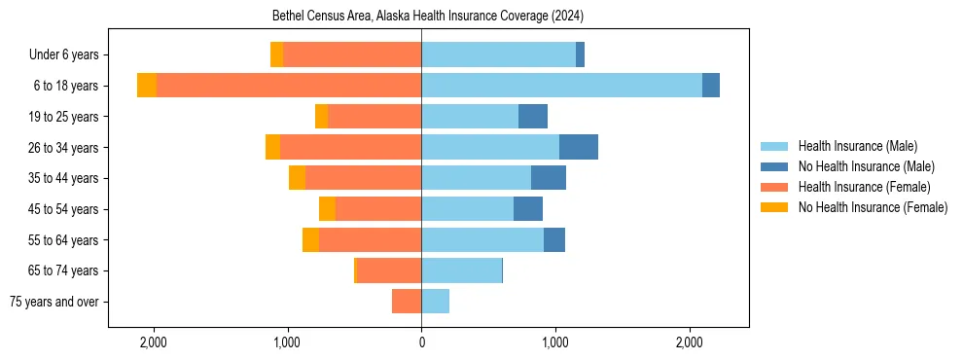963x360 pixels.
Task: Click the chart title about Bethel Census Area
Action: (x=421, y=17)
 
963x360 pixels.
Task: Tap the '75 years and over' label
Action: (x=53, y=302)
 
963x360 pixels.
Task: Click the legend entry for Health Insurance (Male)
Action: (x=857, y=146)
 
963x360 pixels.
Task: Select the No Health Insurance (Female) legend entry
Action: (x=873, y=207)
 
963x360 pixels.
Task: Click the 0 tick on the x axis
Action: (x=421, y=342)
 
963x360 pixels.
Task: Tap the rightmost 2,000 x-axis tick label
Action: (x=689, y=342)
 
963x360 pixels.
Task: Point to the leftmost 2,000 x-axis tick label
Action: (x=154, y=342)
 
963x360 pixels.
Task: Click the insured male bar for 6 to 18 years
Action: (x=561, y=86)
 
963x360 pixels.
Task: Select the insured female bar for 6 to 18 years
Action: (x=289, y=86)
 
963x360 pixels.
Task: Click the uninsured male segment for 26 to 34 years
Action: (x=579, y=147)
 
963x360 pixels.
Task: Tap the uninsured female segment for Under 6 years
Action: (x=277, y=54)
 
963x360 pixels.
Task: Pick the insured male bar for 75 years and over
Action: (x=435, y=302)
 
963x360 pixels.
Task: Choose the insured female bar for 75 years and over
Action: (x=407, y=302)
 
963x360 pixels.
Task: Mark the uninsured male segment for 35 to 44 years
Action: (x=549, y=178)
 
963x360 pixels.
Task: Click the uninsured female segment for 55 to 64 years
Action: (x=310, y=239)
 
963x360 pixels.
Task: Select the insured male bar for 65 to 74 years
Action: (x=461, y=270)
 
